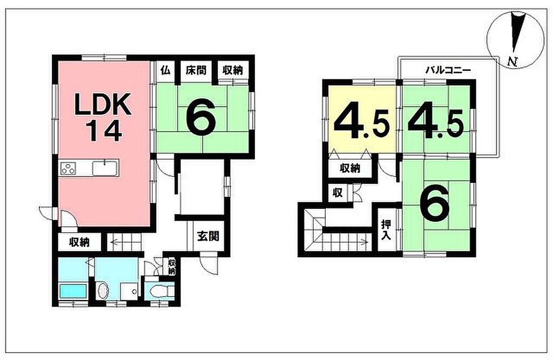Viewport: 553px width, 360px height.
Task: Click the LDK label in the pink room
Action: click(103, 104)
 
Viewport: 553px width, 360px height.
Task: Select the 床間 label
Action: click(195, 70)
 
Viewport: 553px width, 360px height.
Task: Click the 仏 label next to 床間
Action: click(165, 70)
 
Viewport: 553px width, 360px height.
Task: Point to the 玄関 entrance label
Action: click(208, 236)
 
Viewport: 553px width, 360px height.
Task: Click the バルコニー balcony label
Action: click(448, 70)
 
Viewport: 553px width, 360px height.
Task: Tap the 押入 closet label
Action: click(386, 229)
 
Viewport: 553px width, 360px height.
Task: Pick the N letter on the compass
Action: click(512, 62)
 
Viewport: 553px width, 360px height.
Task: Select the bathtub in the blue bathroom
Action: click(73, 291)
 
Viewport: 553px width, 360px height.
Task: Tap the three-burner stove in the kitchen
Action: click(69, 168)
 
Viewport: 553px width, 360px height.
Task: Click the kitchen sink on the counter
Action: click(105, 167)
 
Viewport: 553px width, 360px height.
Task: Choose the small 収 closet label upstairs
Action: click(338, 193)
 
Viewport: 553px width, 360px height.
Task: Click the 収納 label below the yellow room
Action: click(350, 168)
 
